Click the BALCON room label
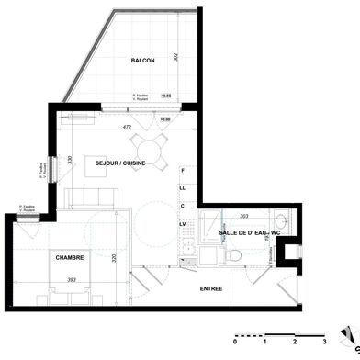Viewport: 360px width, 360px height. point(142,60)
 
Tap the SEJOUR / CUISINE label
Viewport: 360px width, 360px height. point(123,162)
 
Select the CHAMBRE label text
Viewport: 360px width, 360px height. point(44,258)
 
